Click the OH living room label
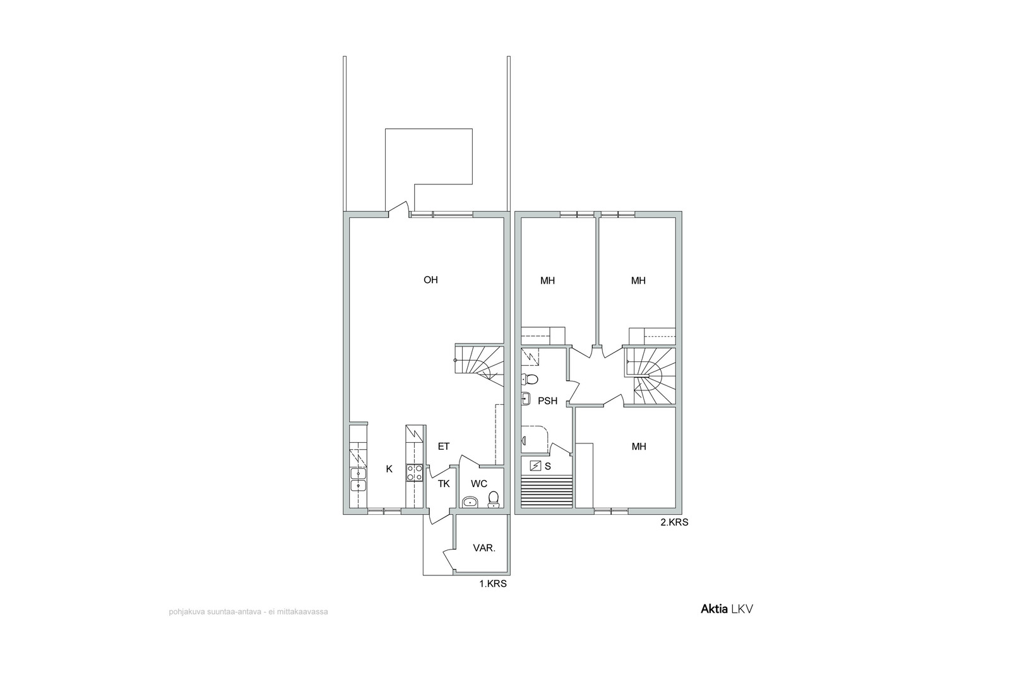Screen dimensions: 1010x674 tap(431, 280)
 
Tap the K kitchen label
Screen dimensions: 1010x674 tap(389, 469)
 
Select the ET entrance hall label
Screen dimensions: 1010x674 tap(444, 447)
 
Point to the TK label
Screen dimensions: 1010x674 tap(444, 484)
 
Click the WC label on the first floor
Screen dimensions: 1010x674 tap(479, 484)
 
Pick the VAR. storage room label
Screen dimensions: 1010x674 tap(484, 548)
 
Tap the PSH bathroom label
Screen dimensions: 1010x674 tap(548, 401)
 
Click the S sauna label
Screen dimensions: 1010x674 tap(548, 466)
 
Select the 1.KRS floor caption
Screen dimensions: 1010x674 tap(493, 584)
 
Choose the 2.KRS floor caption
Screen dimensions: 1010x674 tap(675, 522)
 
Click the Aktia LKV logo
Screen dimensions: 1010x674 tap(727, 609)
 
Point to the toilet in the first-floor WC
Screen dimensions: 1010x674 tap(494, 500)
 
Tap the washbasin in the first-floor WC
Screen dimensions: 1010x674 tap(470, 502)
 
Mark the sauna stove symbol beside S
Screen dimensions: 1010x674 tap(535, 466)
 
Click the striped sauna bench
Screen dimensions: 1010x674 tap(547, 493)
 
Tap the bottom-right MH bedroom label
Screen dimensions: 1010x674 tap(639, 447)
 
